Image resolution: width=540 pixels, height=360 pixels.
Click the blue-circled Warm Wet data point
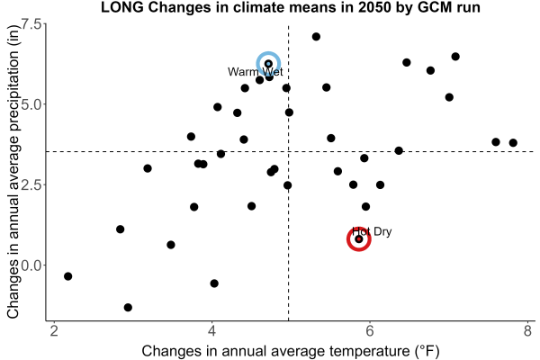(268, 64)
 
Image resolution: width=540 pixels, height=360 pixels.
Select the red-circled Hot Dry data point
(358, 239)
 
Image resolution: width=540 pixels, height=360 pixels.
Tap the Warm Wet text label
(256, 72)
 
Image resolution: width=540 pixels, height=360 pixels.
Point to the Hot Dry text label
(372, 231)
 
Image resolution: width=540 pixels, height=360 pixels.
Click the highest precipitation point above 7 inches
(316, 37)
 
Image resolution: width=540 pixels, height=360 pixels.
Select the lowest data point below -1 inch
(128, 307)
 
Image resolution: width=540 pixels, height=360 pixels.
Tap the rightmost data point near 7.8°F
(513, 142)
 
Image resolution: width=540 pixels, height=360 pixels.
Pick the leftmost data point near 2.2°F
(67, 276)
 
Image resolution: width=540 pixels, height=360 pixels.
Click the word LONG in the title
(122, 7)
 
